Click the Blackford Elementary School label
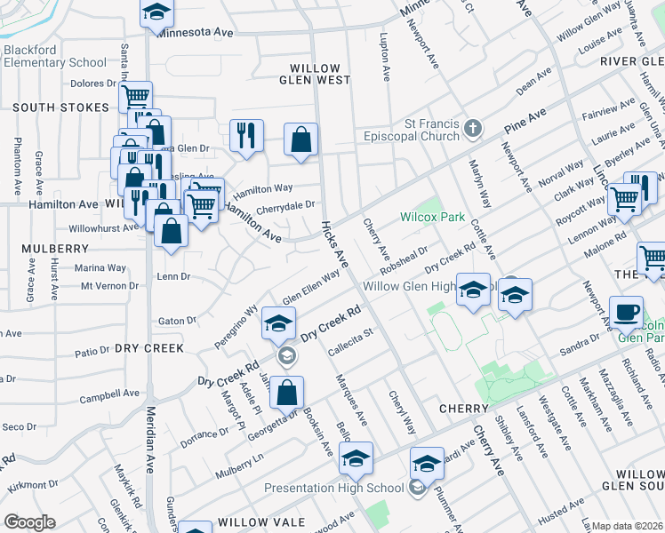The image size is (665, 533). point(54,57)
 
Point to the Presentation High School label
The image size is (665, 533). point(334,488)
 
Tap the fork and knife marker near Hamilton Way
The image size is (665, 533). point(245,136)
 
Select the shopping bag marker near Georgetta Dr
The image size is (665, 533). point(287,392)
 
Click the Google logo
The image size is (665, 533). point(29,521)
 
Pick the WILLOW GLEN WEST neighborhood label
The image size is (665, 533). point(315,74)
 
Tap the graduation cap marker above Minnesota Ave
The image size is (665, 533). point(157,12)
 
